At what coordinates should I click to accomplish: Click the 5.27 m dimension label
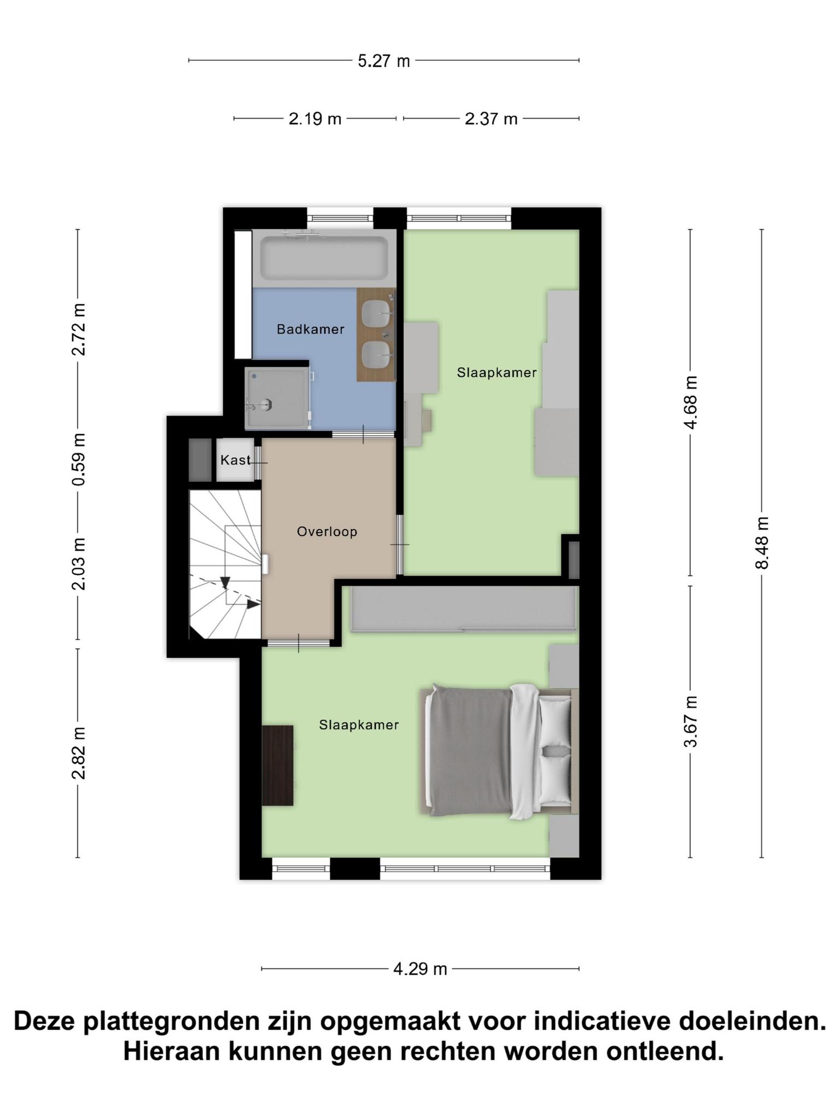click(x=383, y=61)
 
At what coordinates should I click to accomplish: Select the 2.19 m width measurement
click(x=315, y=119)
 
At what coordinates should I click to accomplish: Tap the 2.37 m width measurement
click(x=491, y=119)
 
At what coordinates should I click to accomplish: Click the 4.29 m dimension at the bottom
click(x=420, y=969)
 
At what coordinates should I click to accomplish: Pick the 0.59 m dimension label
click(x=78, y=459)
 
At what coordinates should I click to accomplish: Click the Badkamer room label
click(x=310, y=329)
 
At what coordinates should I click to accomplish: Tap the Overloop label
click(x=327, y=532)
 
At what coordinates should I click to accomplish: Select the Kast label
click(x=235, y=460)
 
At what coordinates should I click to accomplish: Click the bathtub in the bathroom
click(x=324, y=258)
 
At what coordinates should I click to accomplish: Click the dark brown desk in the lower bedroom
click(x=277, y=765)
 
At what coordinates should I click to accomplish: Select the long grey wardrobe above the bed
click(x=463, y=609)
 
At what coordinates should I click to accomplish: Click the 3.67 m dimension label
click(x=691, y=721)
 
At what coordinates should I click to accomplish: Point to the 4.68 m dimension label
click(x=691, y=402)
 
